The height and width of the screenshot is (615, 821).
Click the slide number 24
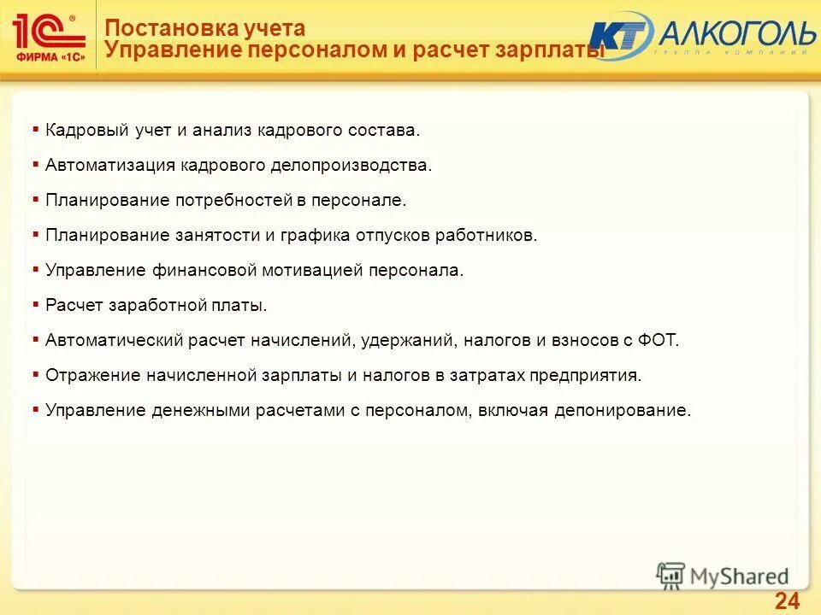coord(787,600)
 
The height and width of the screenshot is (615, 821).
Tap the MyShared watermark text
coord(741,577)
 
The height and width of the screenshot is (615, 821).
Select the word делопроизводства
coord(354,165)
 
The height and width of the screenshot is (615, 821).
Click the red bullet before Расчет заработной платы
coord(35,303)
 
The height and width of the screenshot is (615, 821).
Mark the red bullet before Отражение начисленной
coord(35,373)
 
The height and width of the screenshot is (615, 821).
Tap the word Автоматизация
coord(110,165)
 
